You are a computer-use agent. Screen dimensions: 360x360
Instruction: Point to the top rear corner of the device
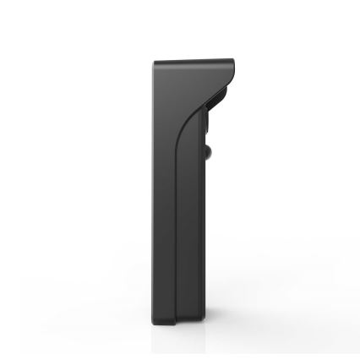(155, 62)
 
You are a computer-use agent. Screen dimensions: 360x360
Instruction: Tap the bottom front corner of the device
(202, 325)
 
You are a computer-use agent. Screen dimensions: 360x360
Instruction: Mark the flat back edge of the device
(155, 194)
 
